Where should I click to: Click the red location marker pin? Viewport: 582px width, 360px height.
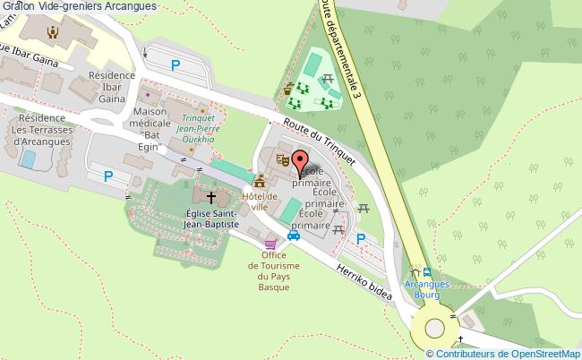pos(299,163)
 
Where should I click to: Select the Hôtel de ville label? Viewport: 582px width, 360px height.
pos(260,201)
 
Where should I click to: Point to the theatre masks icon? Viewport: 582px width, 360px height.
pos(281,161)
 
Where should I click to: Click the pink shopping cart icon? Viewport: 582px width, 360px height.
pos(270,242)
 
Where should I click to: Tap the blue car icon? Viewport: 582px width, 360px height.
pos(294,236)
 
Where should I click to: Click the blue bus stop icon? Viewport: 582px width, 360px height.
pos(428,273)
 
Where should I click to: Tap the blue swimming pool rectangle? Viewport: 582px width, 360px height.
pos(27,159)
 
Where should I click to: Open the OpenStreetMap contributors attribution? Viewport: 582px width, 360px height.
pos(502,354)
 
